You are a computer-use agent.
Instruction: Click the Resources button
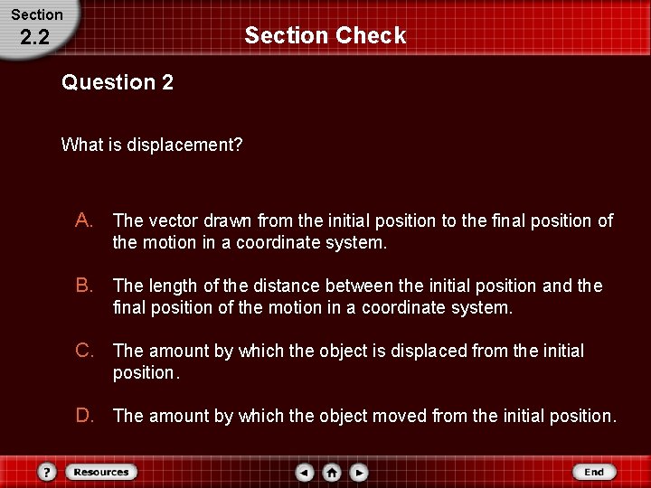(x=101, y=472)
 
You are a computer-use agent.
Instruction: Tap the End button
(x=594, y=472)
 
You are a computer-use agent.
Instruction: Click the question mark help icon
(x=48, y=472)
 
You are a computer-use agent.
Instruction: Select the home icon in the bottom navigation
(x=332, y=472)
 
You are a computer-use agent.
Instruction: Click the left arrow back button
(x=306, y=472)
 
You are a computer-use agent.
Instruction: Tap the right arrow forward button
(x=358, y=472)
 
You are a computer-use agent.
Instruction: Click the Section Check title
(x=325, y=36)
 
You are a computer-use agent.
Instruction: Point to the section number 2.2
(x=33, y=38)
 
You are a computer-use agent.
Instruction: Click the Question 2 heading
(x=118, y=83)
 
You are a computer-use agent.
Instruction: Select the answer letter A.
(x=84, y=221)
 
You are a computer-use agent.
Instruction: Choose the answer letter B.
(x=84, y=286)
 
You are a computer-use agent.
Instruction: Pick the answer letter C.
(x=84, y=351)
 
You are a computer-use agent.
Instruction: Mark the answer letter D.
(x=84, y=416)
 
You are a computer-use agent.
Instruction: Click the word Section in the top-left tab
(x=37, y=14)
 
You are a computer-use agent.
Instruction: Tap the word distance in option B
(x=288, y=286)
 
